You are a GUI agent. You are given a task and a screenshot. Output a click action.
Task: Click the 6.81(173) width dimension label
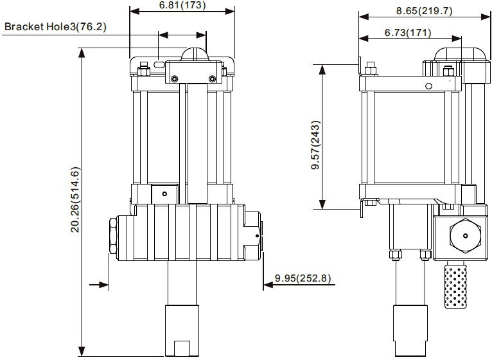(x=182, y=5)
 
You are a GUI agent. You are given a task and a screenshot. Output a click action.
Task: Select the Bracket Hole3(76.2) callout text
(x=55, y=27)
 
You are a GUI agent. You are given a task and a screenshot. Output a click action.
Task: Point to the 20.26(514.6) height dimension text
(x=75, y=199)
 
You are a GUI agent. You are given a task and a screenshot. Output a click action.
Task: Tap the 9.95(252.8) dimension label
(x=303, y=278)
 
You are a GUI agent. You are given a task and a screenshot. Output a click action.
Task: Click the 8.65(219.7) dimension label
(x=424, y=11)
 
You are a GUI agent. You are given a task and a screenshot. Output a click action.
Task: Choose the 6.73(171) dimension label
(x=408, y=33)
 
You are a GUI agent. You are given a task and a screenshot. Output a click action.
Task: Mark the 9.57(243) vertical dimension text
(x=315, y=145)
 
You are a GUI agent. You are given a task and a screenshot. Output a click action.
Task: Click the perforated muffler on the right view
(x=455, y=286)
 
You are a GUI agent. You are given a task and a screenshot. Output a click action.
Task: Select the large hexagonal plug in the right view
(x=465, y=235)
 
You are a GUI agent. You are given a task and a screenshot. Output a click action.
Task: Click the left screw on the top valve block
(x=175, y=78)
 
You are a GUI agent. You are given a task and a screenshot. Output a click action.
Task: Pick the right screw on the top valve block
(x=212, y=78)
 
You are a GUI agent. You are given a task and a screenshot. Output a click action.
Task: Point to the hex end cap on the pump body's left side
(x=112, y=236)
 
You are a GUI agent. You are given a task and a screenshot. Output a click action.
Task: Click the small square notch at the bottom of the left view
(x=182, y=348)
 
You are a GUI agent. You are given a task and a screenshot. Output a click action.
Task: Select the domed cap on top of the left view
(x=195, y=55)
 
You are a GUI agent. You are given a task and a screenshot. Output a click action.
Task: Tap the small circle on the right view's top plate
(x=428, y=85)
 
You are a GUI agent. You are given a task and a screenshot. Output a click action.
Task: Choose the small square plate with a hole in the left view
(x=164, y=194)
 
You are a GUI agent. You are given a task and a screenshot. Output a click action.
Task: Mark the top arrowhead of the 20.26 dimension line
(x=82, y=53)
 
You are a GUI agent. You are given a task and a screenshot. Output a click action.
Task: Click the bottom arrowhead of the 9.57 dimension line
(x=322, y=204)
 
